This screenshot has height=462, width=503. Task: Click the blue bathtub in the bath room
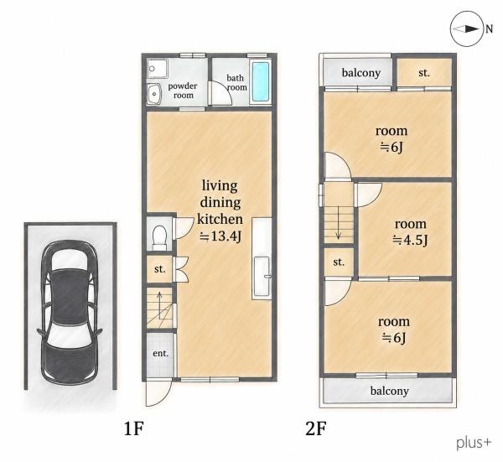[x=260, y=81]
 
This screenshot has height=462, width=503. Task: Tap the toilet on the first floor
[x=159, y=237]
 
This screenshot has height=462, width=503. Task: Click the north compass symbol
[x=467, y=29]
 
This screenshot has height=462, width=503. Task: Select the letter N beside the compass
[x=489, y=29]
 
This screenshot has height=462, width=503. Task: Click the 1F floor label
[x=134, y=428]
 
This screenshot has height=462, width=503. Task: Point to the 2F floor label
[x=316, y=428]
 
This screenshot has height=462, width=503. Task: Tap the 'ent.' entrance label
[x=160, y=353]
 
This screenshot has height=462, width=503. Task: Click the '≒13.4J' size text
[x=220, y=236]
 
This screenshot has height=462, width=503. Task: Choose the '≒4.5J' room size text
[x=410, y=240]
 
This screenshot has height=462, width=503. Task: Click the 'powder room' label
[x=183, y=91]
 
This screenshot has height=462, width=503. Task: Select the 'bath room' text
[x=236, y=82]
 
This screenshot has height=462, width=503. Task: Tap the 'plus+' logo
[x=474, y=444]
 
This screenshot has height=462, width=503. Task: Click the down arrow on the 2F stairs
[x=338, y=223]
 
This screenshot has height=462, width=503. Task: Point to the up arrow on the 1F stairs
[x=159, y=306]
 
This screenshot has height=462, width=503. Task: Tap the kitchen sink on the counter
[x=262, y=277]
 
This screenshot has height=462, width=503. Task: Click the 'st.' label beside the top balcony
[x=424, y=73]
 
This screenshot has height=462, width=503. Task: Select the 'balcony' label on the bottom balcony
[x=390, y=391]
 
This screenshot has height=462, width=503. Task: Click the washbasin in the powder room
[x=154, y=94]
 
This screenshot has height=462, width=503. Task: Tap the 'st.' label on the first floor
[x=159, y=269]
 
